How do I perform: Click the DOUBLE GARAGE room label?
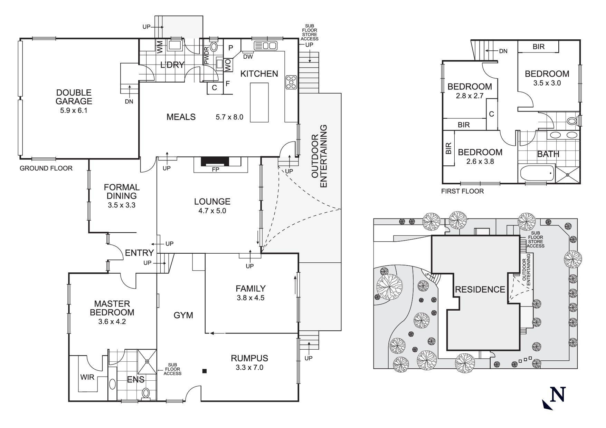click(74, 97)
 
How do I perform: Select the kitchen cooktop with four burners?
click(291, 83)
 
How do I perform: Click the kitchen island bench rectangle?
click(259, 102)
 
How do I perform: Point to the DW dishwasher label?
click(247, 57)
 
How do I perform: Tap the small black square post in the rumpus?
click(205, 371)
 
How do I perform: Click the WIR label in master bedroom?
click(87, 377)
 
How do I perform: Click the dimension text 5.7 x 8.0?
click(229, 117)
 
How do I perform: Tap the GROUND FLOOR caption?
click(46, 168)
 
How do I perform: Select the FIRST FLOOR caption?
click(462, 191)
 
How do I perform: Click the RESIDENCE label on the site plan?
click(480, 289)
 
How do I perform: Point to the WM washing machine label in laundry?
click(160, 47)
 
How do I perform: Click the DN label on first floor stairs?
click(503, 51)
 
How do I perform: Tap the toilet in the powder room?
click(214, 47)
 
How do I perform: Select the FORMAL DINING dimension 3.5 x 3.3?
click(121, 205)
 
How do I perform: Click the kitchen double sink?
click(266, 46)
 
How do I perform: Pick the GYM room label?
click(183, 315)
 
